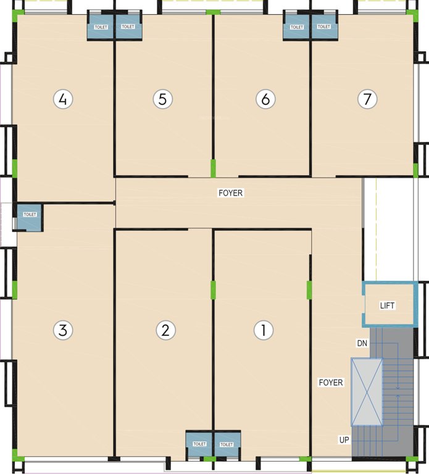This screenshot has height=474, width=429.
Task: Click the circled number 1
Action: (x=264, y=330)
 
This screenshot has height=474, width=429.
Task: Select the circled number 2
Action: (x=165, y=330)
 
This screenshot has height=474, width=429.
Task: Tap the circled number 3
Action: (x=62, y=330)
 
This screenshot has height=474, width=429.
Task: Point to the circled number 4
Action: (x=63, y=99)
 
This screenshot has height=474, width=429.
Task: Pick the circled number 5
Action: (x=162, y=99)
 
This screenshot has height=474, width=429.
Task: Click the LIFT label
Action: (x=388, y=306)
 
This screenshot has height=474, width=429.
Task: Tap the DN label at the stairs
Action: (x=362, y=343)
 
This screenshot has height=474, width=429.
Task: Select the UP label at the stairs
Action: (x=344, y=440)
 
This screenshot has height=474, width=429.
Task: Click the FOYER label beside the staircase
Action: (x=331, y=383)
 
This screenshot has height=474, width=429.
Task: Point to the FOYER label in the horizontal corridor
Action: (x=231, y=193)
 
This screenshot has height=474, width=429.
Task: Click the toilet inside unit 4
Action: (x=100, y=27)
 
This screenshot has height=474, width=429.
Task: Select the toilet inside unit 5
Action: (x=128, y=27)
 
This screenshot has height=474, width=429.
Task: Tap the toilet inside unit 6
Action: (x=296, y=27)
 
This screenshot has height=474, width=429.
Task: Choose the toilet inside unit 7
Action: (x=324, y=27)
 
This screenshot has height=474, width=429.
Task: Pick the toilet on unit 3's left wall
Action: (x=30, y=217)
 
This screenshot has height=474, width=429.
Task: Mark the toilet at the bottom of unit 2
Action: (x=199, y=444)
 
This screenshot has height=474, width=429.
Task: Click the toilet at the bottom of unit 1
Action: (x=227, y=444)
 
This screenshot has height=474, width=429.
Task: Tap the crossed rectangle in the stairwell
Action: (x=367, y=391)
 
